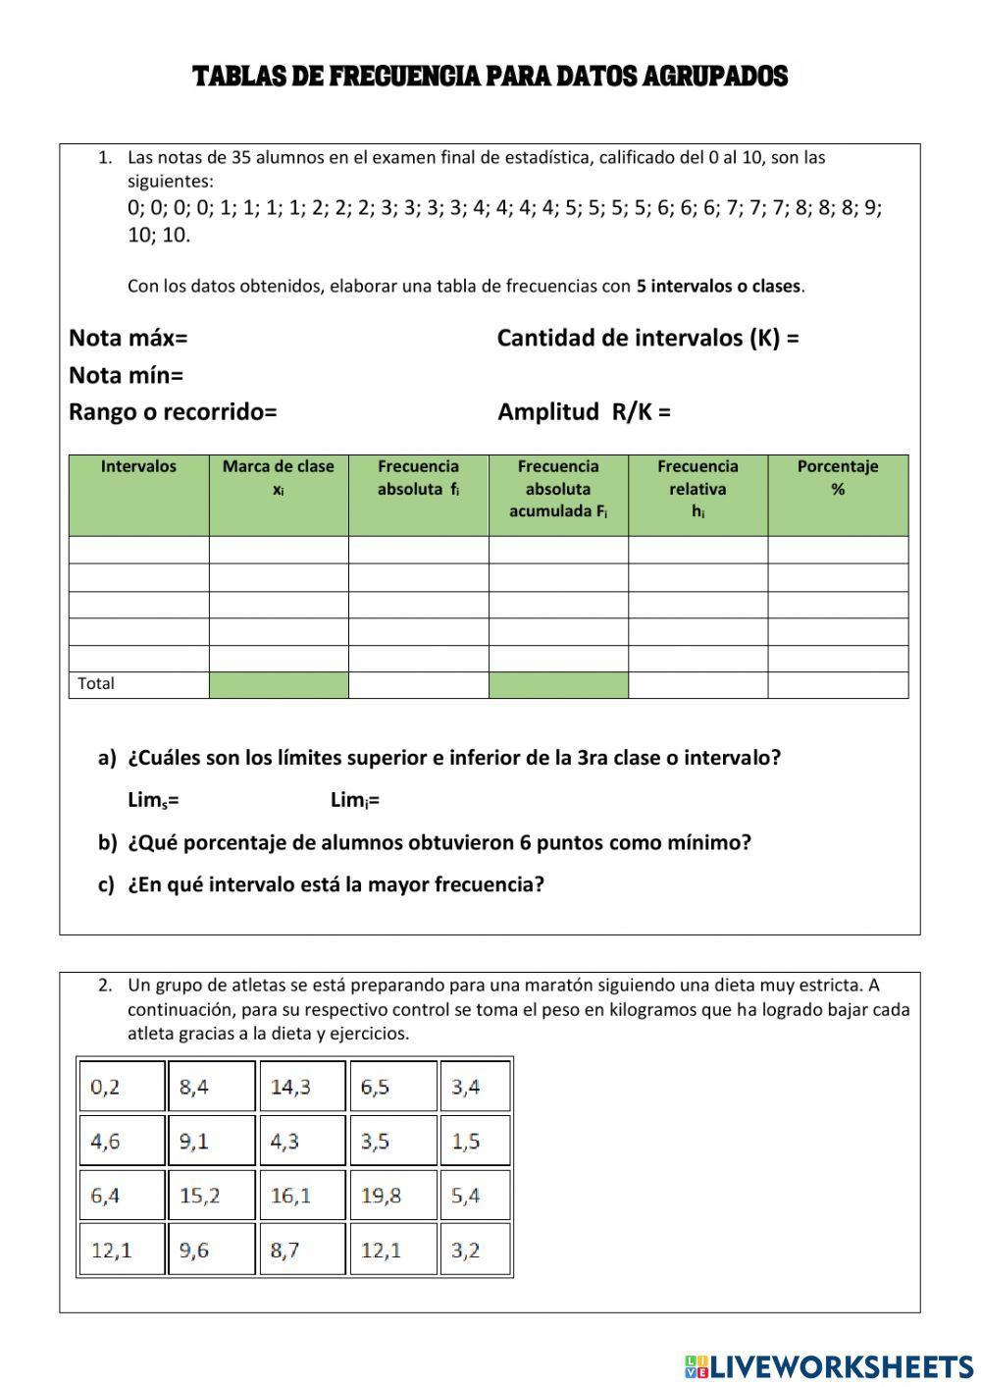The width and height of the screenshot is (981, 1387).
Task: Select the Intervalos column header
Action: click(138, 467)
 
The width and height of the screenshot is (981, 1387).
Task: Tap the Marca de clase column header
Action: click(279, 477)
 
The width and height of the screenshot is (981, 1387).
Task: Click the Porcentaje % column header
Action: click(837, 477)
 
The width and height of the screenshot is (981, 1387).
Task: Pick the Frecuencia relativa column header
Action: click(697, 488)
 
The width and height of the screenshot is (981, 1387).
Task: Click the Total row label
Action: click(96, 684)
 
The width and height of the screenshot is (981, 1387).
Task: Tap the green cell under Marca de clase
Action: click(279, 685)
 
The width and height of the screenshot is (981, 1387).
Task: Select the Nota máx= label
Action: click(129, 339)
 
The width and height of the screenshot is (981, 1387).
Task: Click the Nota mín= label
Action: click(127, 376)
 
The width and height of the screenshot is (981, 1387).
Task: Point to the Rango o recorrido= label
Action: click(173, 412)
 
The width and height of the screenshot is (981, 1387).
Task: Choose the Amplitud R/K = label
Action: click(584, 412)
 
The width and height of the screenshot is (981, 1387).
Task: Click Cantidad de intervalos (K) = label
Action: click(647, 339)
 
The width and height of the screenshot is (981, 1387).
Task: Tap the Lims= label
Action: click(153, 801)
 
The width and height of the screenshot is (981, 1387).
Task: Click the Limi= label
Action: click(355, 801)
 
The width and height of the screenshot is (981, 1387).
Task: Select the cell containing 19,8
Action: click(392, 1196)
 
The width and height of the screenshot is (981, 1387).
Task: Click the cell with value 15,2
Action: click(211, 1196)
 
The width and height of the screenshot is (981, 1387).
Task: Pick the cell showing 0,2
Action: click(121, 1087)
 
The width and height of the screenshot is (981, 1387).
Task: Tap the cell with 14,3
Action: click(302, 1087)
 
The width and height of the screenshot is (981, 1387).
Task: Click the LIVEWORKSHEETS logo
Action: click(828, 1365)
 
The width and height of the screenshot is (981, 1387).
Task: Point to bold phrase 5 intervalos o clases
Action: click(719, 287)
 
